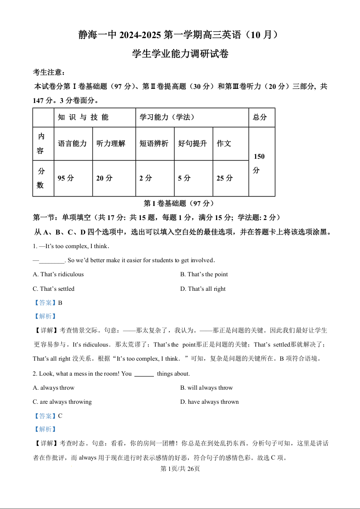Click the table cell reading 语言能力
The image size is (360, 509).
(72, 143)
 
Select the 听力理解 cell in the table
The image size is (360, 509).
(111, 143)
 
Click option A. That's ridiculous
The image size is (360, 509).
(59, 274)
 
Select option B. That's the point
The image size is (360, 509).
(204, 274)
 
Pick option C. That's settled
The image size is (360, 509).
(54, 289)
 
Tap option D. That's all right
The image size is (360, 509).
(203, 289)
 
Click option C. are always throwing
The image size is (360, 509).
(62, 402)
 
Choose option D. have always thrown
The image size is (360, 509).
(209, 402)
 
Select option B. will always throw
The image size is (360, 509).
(207, 388)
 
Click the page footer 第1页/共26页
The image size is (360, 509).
(180, 469)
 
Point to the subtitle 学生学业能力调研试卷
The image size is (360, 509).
(180, 54)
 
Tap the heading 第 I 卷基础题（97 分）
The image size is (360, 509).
(178, 203)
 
